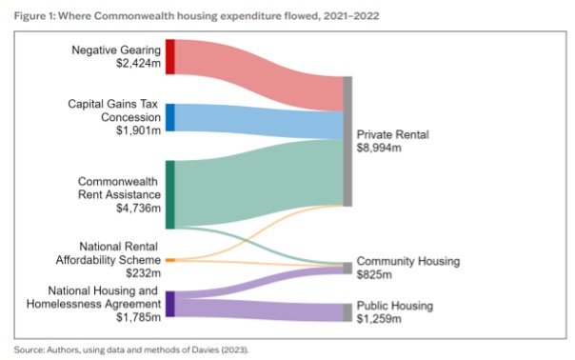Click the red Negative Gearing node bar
coord(169,56)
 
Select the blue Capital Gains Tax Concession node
coord(169,117)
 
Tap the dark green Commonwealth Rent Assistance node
coord(169,194)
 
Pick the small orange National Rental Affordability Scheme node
coord(169,259)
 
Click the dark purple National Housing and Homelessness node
coord(169,304)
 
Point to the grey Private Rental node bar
coord(347,141)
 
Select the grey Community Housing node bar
coord(347,269)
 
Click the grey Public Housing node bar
coord(347,312)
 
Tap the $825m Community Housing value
coord(375,274)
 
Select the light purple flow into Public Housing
coord(257,309)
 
